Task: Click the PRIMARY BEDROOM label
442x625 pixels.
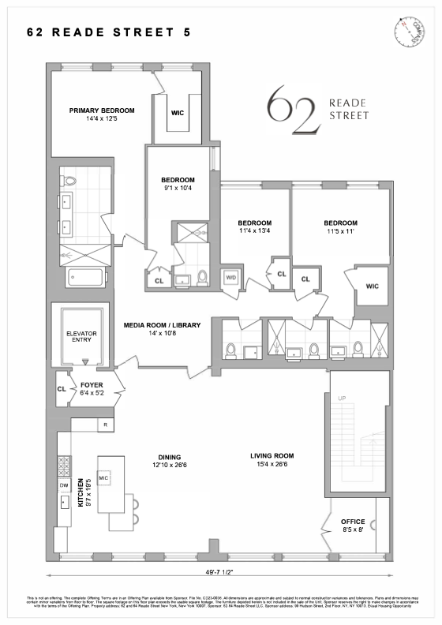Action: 102,110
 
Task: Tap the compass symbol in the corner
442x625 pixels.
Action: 407,31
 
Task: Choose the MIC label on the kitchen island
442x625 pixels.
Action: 103,478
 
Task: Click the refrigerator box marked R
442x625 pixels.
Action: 105,425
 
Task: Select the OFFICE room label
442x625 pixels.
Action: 353,522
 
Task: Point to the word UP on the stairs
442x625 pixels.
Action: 343,399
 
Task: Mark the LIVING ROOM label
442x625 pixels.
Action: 272,455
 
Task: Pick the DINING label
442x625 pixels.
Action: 169,457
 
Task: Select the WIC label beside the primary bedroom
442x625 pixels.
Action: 178,113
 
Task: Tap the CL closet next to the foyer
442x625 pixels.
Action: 62,389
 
